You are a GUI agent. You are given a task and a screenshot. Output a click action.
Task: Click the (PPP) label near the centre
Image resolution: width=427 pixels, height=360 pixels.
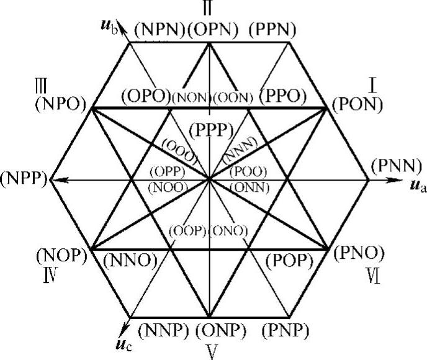tap(212, 130)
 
